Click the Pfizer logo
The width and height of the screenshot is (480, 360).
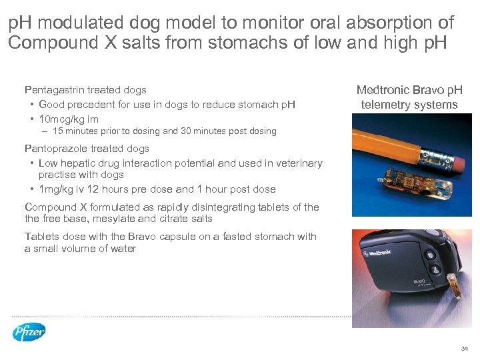pyautogui.click(x=29, y=332)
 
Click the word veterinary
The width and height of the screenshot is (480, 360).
pyautogui.click(x=298, y=163)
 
